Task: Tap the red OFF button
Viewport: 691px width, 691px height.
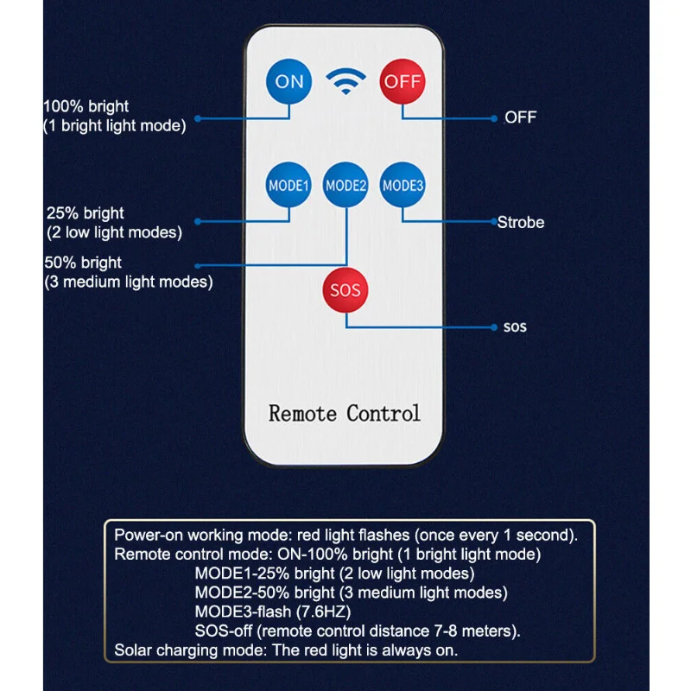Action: pos(403,81)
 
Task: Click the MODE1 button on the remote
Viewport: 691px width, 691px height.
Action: pos(288,185)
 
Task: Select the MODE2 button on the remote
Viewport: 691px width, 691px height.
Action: pos(345,185)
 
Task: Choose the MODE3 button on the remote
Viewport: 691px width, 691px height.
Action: pos(403,185)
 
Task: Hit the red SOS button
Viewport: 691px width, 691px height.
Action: pos(345,290)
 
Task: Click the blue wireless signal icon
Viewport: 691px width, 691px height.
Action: pos(346,81)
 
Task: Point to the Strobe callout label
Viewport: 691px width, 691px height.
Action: pos(521,223)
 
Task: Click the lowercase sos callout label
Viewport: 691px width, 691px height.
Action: pos(515,327)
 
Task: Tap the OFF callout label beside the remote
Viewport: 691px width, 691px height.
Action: pos(521,117)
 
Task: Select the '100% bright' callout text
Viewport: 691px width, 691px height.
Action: pos(86,106)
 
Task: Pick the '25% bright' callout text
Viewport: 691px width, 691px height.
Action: pos(85,213)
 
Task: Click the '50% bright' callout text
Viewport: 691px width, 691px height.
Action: pos(83,263)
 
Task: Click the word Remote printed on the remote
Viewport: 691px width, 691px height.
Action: pos(303,414)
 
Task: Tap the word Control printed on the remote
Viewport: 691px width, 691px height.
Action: pos(384,414)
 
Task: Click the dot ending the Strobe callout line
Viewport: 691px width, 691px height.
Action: pos(494,222)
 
